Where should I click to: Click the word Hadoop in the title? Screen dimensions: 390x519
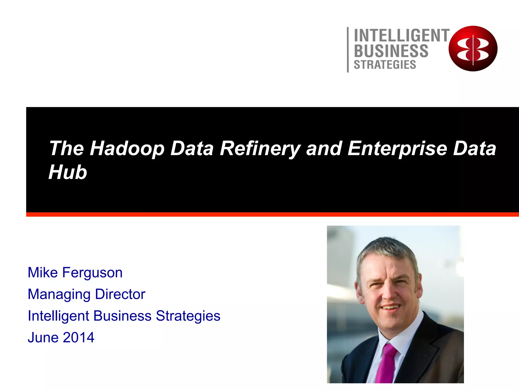(127, 149)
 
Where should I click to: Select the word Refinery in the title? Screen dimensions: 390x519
(260, 149)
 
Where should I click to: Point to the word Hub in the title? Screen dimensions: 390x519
(68, 172)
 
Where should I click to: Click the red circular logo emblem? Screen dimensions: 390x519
(473, 48)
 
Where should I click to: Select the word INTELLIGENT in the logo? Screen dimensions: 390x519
(401, 36)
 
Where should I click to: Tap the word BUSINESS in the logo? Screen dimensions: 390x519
(391, 51)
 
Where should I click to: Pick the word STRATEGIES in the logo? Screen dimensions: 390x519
(385, 65)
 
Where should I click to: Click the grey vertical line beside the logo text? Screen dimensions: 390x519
(348, 50)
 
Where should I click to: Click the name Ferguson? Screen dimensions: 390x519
(92, 273)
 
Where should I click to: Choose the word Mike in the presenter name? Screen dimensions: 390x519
(43, 273)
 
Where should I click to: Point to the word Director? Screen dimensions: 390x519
(120, 294)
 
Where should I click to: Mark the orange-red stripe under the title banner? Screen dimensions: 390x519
(272, 215)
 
